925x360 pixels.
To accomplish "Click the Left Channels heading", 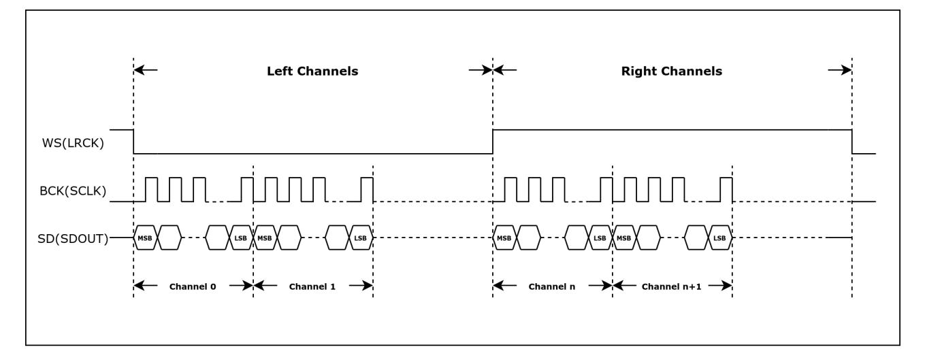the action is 312,71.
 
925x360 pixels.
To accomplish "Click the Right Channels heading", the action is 671,71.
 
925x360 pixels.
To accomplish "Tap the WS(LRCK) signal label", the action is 73,144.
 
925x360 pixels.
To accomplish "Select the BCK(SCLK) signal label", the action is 73,191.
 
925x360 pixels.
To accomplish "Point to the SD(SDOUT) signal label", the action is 73,239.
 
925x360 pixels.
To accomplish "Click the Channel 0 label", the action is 193,287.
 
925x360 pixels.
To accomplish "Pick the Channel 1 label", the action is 312,287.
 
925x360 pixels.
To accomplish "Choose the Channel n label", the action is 552,287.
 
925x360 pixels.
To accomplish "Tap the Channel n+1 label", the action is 671,287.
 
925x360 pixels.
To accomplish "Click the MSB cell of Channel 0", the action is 146,238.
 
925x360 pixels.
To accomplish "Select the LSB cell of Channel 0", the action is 241,238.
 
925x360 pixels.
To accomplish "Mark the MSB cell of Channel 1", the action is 265,238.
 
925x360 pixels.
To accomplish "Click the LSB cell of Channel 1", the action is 361,238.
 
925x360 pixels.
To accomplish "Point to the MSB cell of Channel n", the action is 504,238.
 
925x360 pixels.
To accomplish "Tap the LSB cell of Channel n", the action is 600,238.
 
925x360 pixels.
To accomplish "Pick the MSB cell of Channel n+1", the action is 624,238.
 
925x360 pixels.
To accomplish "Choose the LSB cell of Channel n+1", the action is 720,238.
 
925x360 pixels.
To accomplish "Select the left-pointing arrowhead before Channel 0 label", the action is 140,285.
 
